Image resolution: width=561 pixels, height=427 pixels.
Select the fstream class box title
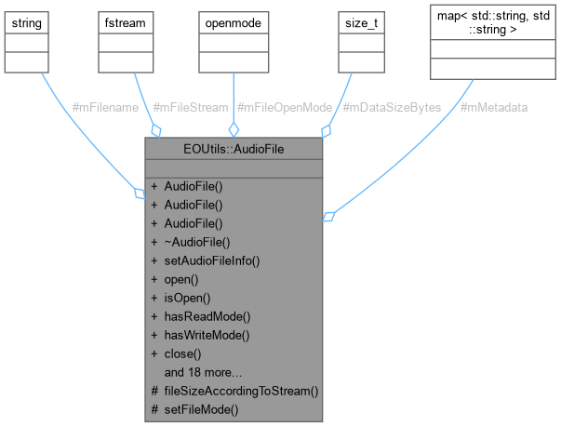(122, 20)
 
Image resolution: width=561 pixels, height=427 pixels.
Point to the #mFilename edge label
(105, 108)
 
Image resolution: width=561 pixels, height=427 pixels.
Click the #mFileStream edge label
(189, 108)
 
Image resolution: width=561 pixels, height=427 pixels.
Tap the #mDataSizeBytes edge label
(392, 108)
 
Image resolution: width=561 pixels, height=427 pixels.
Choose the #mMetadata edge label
(494, 108)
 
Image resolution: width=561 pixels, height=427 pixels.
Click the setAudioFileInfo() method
(211, 260)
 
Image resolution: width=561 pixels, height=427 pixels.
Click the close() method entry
(183, 354)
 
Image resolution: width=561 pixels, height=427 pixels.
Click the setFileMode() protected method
(201, 409)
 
